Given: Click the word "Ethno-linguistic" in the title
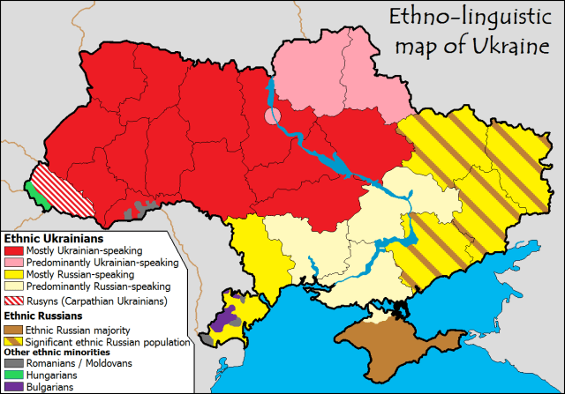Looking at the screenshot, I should (456, 17).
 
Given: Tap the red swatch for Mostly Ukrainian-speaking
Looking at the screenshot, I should (14, 250).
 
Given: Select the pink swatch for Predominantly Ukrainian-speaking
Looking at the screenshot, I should (14, 263).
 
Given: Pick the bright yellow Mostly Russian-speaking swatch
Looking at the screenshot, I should (14, 275).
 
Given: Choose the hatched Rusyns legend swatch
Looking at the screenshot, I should (14, 301).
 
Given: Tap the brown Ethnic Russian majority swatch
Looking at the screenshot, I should (14, 330).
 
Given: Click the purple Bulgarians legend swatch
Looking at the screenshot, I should (14, 387).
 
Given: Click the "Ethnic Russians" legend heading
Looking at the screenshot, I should (43, 316).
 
